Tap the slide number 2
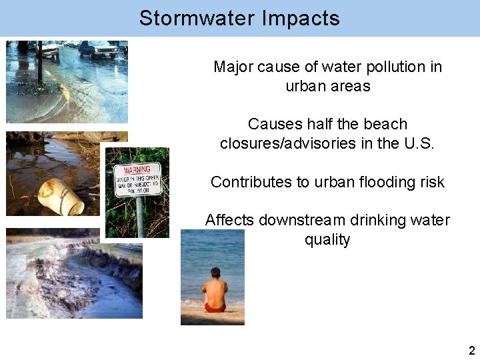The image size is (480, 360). point(471,351)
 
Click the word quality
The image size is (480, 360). point(327,239)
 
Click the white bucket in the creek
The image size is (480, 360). point(59,195)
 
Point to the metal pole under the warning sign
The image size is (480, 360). point(140,217)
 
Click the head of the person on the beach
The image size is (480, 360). point(215,273)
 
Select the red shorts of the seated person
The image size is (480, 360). point(215,307)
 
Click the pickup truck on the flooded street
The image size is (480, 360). point(97,49)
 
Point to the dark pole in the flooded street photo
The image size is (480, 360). point(40,63)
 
